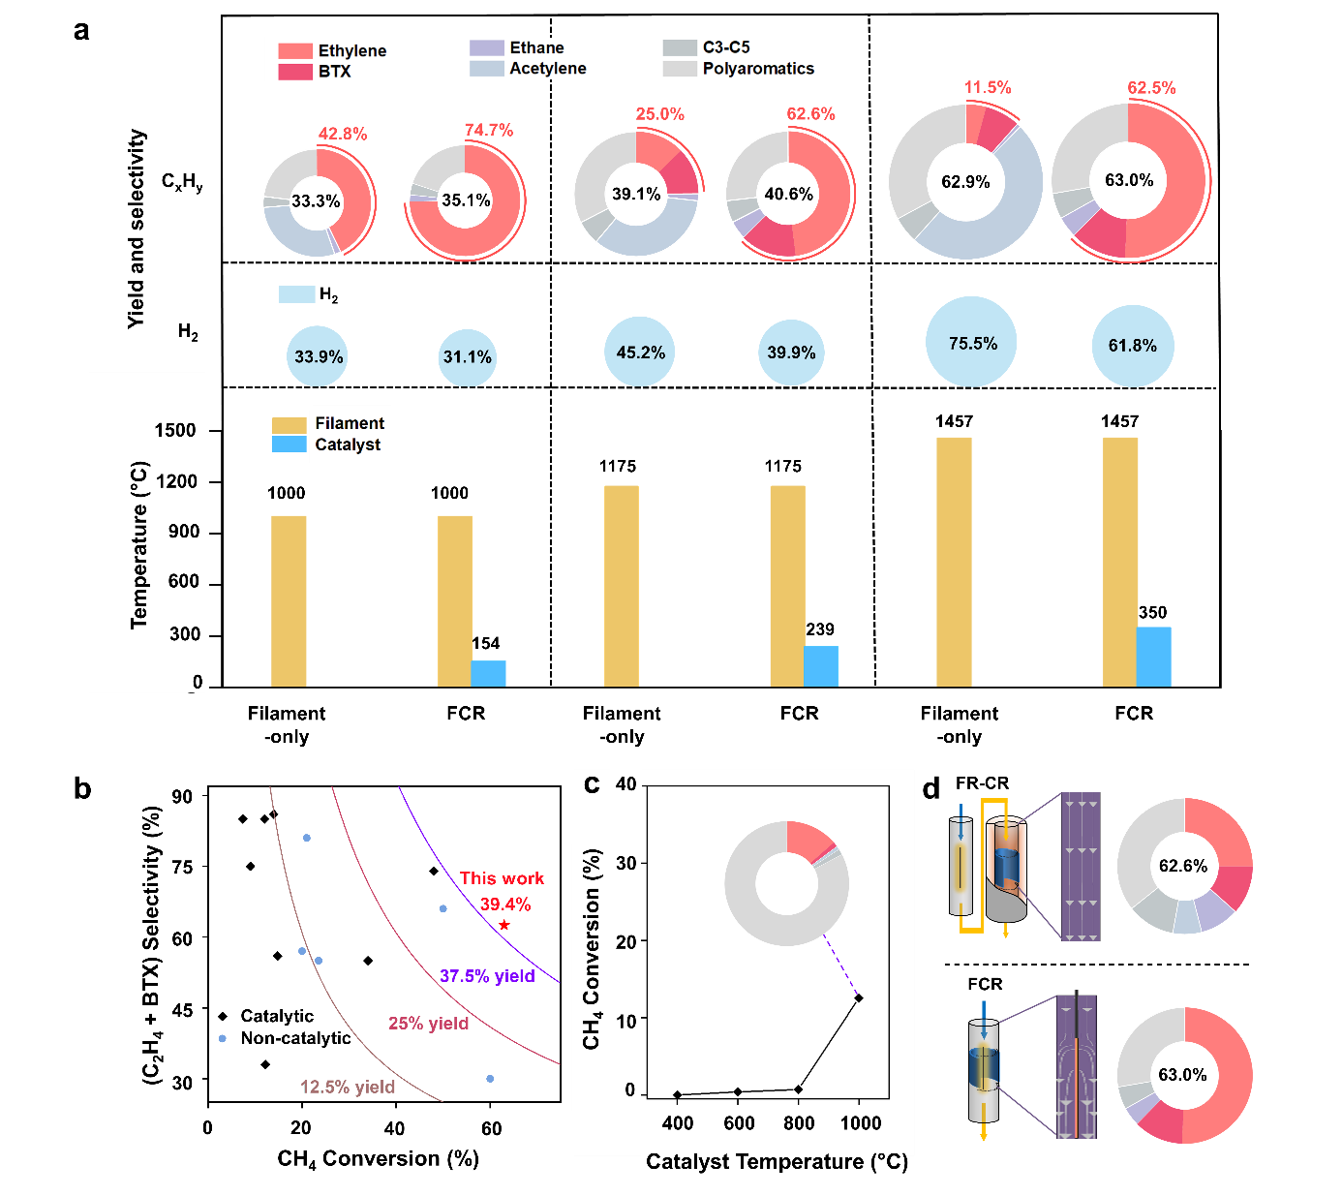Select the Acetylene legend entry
pos(547,68)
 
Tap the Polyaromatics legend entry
pos(757,68)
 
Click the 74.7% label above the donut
pos(488,130)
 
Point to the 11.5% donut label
pos(987,87)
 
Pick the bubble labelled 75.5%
pos(971,343)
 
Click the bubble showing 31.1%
pos(468,357)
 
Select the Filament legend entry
pos(349,423)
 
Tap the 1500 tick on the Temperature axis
pos(174,430)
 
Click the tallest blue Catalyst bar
pos(1153,657)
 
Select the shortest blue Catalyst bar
pos(488,673)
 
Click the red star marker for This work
pos(503,926)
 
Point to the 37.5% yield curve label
pos(487,976)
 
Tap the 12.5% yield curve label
pos(348,1087)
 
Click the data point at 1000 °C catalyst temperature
pos(858,997)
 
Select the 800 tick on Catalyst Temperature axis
pos(799,1123)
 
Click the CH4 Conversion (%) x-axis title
pos(378,1158)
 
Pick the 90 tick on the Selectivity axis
pos(182,797)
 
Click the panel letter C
pos(592,785)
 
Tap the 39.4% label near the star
pos(504,905)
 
